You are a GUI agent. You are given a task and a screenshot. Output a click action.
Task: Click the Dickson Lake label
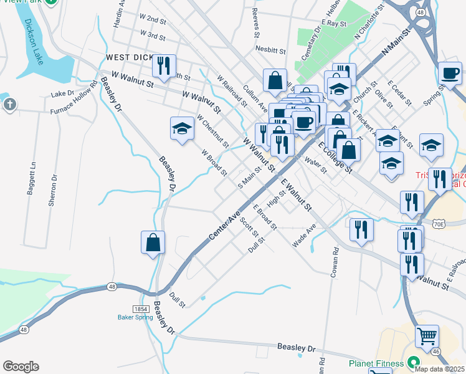click(x=31, y=42)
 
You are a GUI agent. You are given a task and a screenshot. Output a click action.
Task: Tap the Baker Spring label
click(x=135, y=317)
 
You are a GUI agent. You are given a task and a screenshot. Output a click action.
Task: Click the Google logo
click(x=21, y=367)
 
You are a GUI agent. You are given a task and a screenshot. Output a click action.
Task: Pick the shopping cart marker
click(x=427, y=337)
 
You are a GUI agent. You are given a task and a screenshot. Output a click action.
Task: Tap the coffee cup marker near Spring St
click(x=449, y=72)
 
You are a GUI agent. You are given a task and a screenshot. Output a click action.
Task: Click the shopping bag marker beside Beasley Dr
click(x=153, y=242)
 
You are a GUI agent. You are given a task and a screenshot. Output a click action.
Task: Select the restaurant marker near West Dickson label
click(x=164, y=65)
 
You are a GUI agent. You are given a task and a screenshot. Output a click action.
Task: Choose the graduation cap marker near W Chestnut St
click(x=182, y=128)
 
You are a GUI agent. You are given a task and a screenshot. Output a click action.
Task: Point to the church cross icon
click(x=9, y=104)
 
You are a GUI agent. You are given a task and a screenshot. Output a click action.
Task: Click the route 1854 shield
click(x=140, y=309)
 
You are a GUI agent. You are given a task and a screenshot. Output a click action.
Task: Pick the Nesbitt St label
click(x=270, y=49)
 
